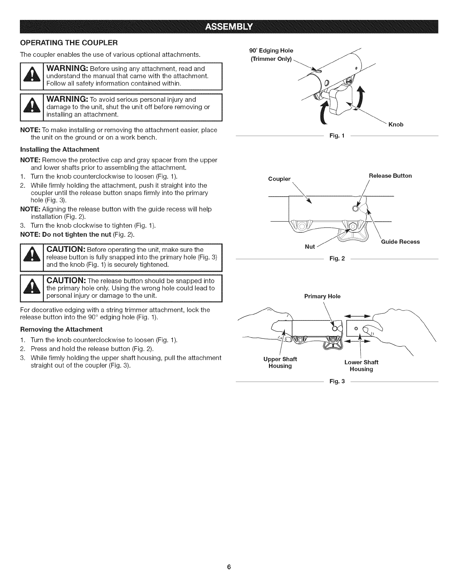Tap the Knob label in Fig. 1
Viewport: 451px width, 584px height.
click(396, 125)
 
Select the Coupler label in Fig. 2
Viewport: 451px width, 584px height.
click(279, 179)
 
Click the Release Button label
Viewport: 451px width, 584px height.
click(390, 175)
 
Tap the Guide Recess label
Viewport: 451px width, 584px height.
click(400, 241)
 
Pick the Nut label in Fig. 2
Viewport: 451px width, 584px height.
click(310, 247)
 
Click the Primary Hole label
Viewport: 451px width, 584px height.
click(322, 296)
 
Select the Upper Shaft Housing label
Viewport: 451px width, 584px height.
click(280, 362)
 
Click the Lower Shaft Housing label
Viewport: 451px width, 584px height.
click(361, 365)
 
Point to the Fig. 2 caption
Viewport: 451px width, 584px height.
click(337, 258)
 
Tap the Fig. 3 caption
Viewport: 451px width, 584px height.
click(337, 381)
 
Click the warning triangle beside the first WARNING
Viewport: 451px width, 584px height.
click(32, 77)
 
